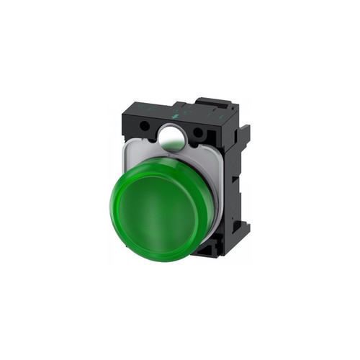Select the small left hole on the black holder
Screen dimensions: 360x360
144,125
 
